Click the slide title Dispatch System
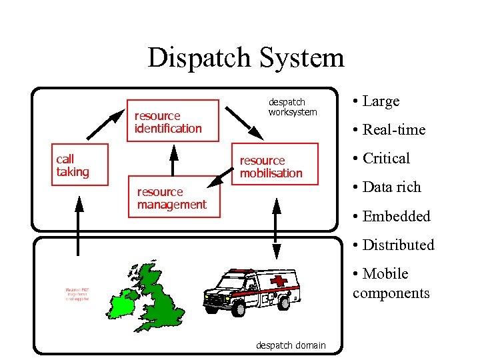245,58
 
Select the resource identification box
173,121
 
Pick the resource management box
173,198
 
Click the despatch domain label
291,345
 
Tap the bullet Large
377,101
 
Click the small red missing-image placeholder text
77,294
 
